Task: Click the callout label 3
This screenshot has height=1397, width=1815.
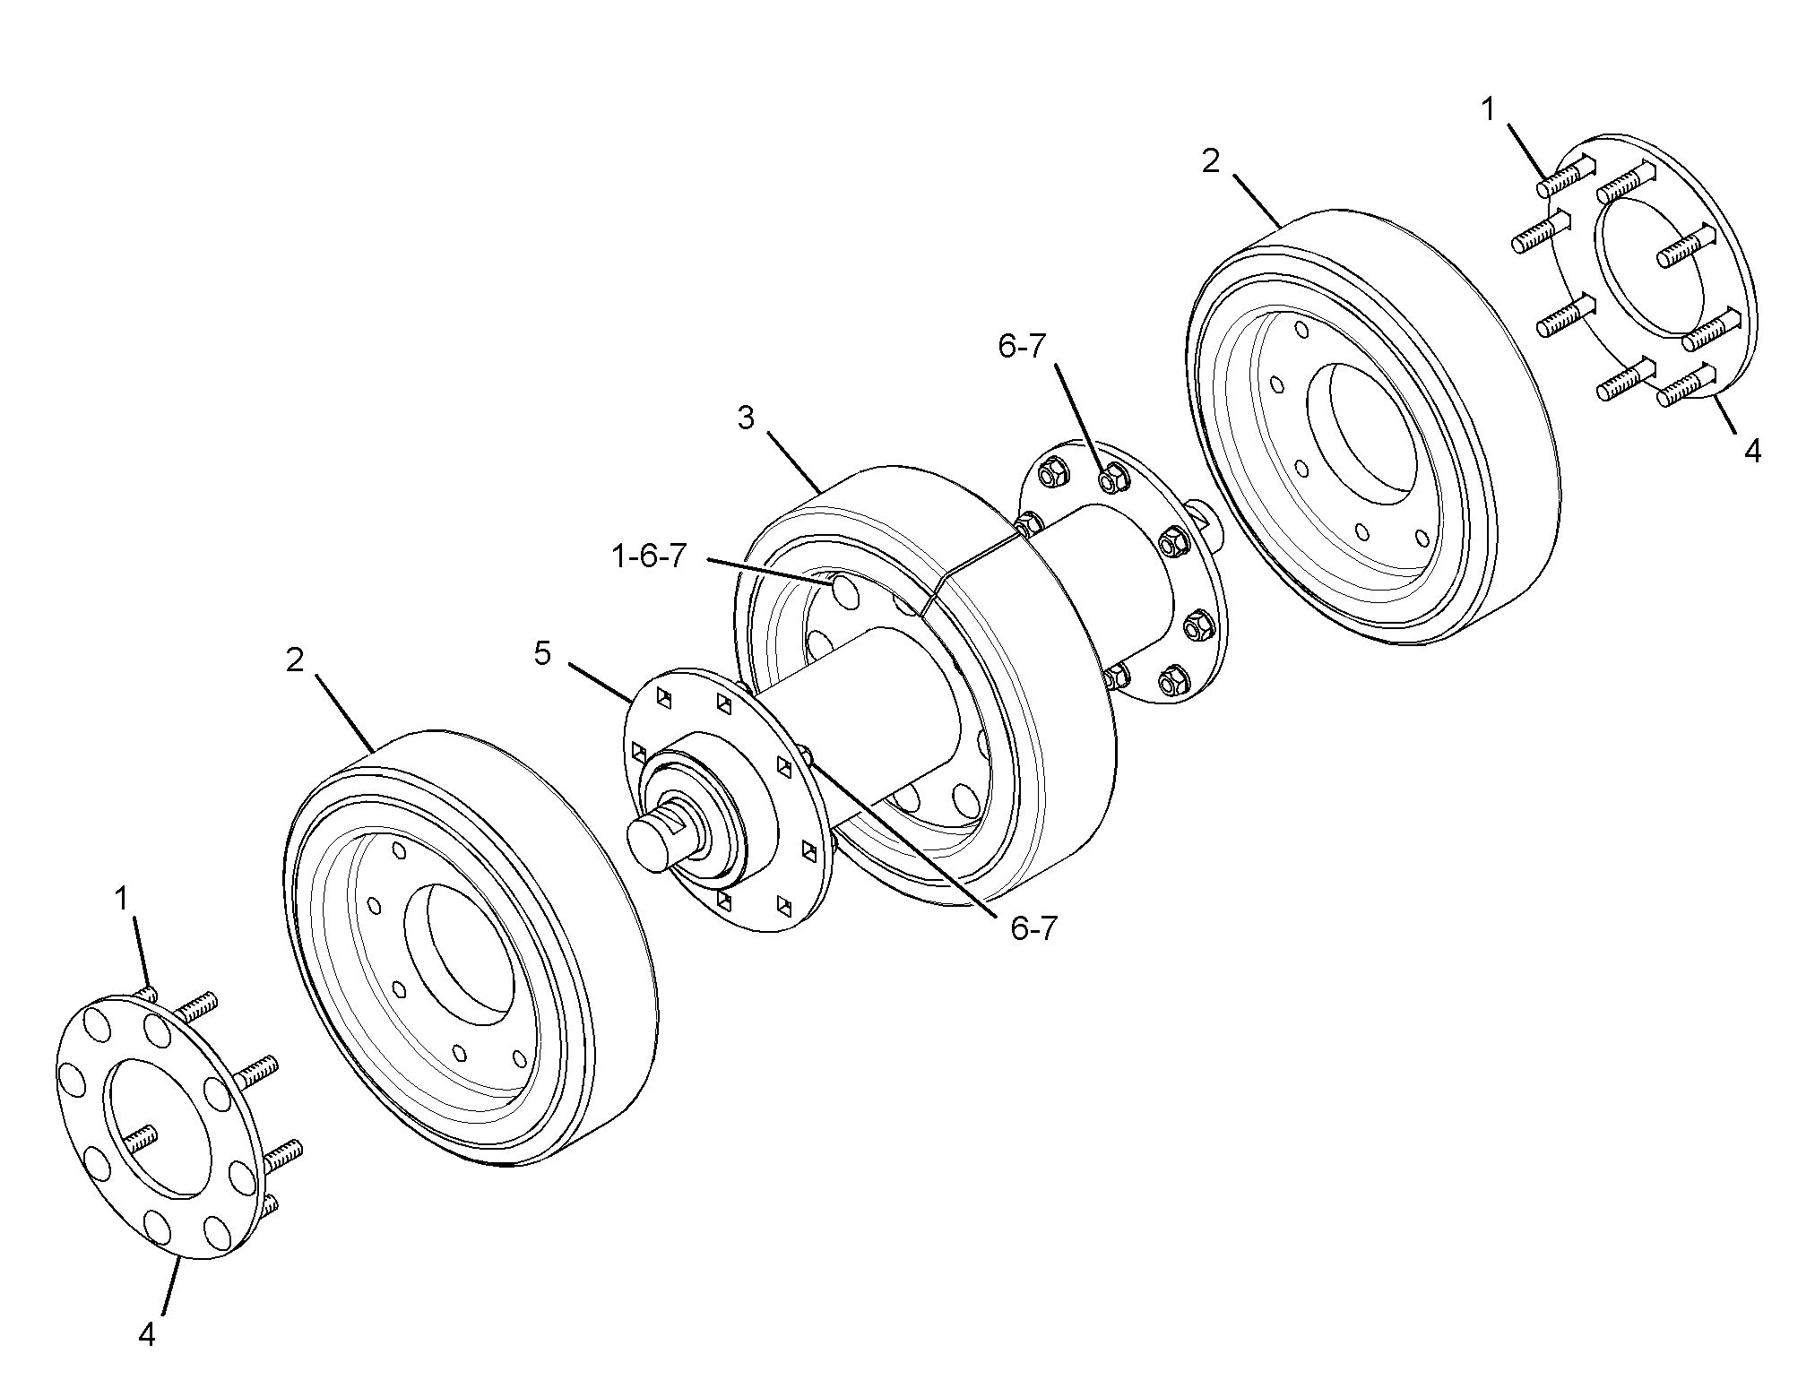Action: [x=746, y=418]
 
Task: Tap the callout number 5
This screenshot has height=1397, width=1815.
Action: [x=542, y=653]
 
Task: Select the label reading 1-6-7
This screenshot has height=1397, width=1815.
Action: [x=648, y=556]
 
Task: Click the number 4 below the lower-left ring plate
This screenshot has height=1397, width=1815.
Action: [x=147, y=1334]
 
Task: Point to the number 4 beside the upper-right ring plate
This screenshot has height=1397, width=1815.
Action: [x=1752, y=451]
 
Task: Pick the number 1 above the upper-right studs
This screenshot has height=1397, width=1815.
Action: [x=1488, y=110]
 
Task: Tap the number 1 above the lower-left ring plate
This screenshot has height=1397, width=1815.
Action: [x=123, y=899]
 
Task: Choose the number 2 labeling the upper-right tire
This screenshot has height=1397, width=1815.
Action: [x=1210, y=161]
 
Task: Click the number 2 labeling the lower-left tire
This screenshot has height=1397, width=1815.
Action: [x=296, y=660]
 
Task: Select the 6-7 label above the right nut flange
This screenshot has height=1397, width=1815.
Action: [x=1022, y=347]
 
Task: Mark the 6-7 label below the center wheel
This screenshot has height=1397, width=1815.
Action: [x=1034, y=928]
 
